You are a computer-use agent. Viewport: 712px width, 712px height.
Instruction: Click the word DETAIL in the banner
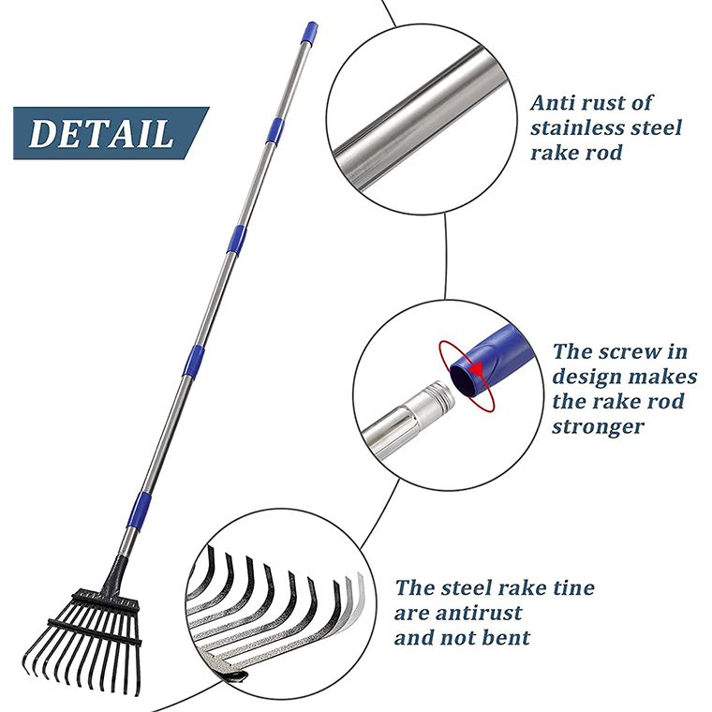click(x=100, y=133)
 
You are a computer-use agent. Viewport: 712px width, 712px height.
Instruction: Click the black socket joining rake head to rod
click(x=115, y=571)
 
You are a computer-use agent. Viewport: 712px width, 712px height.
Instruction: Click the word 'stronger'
click(x=598, y=427)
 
